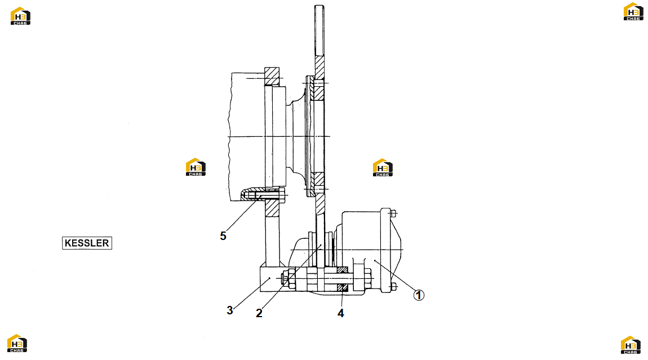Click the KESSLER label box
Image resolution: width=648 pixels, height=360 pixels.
[87, 243]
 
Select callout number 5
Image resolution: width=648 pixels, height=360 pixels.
[223, 236]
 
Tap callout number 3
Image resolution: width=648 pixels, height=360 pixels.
[230, 310]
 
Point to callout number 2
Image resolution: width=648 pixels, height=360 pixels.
[259, 313]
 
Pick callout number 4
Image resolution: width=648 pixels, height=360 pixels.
[340, 313]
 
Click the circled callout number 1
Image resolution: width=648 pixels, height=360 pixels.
[419, 295]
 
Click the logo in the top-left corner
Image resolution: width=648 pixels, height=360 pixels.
[20, 16]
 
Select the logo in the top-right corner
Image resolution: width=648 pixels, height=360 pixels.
[633, 12]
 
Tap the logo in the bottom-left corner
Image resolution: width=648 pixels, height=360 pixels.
[17, 344]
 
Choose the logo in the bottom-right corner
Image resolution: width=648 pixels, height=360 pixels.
[631, 345]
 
